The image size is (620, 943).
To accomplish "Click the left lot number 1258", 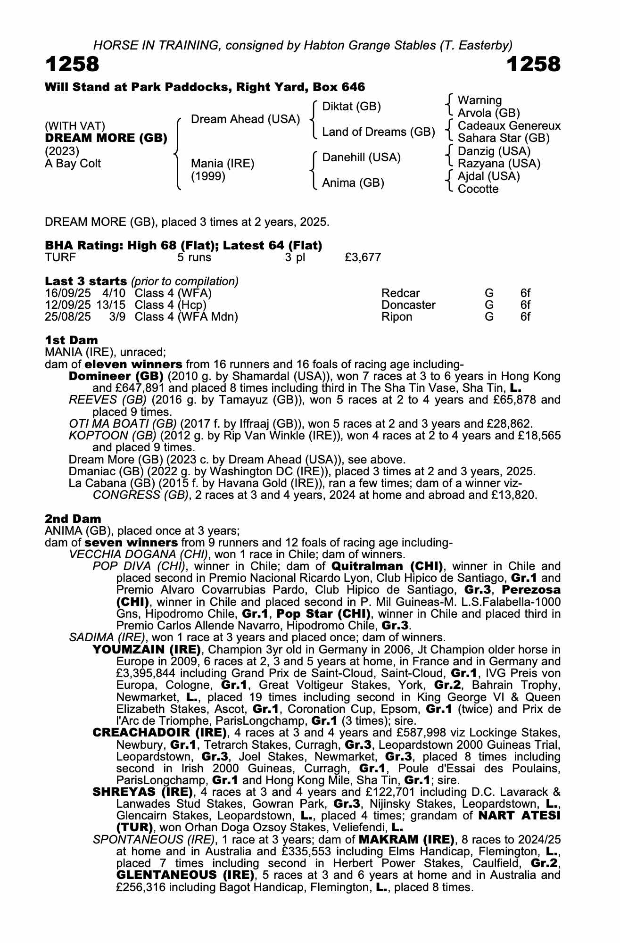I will point(72,64).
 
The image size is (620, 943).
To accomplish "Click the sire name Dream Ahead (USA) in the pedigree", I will point(245,119).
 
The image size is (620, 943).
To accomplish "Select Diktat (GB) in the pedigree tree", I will point(351,107).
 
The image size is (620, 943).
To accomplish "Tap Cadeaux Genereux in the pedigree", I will point(509,126).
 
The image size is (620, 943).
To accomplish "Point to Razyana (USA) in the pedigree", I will point(499,164).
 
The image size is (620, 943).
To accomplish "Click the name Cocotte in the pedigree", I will point(478,189).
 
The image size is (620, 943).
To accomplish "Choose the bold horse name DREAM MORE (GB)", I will point(106,138).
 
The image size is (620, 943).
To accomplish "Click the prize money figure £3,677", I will point(363,257).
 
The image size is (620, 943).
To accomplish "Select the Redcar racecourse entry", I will point(400,293).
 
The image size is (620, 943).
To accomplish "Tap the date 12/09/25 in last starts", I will point(68,305).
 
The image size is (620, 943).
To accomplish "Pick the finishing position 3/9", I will point(117,316).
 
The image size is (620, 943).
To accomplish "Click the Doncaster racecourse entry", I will point(408,305).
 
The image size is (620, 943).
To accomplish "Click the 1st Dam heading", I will point(72,340).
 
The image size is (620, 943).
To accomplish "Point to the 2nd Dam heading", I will point(73,519).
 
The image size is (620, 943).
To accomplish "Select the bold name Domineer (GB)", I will point(116,376).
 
